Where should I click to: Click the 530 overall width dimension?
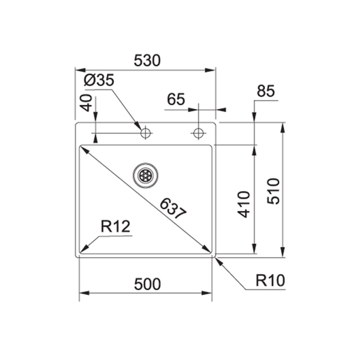point(147,61)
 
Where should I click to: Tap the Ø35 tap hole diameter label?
point(99,80)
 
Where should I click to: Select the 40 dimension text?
point(86,103)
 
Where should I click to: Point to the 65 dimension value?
point(176,99)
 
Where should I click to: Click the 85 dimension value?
point(266,91)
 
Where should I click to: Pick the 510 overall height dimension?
point(273,192)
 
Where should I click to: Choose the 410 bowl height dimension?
point(244,204)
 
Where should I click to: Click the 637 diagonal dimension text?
point(173,209)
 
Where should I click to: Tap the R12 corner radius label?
point(115,226)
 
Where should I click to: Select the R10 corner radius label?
point(271,280)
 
